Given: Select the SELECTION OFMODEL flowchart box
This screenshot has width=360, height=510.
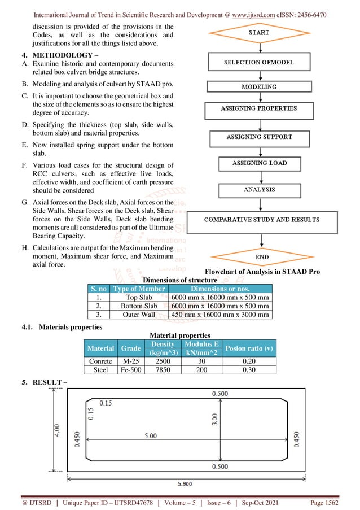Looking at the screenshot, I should (x=259, y=62).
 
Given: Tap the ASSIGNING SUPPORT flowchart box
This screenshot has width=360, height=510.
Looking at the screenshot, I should (x=259, y=137).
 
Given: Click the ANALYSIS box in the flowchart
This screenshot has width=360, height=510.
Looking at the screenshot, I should (x=259, y=190).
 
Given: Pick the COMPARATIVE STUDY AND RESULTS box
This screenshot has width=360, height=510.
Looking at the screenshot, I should (x=261, y=219).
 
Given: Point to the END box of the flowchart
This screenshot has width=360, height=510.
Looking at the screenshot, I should (x=262, y=257).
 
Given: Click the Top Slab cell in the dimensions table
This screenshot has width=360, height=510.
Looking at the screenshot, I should (x=139, y=297).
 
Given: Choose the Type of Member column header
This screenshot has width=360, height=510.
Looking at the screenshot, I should (x=139, y=289).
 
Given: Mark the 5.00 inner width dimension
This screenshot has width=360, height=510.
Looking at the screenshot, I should (x=150, y=437).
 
